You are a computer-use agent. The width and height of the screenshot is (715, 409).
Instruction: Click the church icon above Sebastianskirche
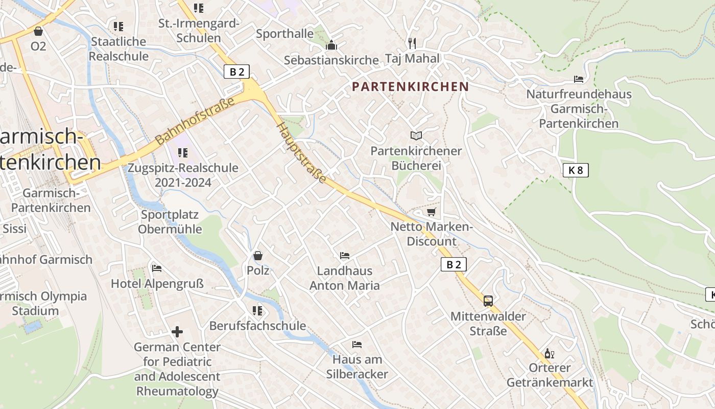click(x=331, y=46)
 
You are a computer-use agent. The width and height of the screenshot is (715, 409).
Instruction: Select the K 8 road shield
click(x=576, y=170)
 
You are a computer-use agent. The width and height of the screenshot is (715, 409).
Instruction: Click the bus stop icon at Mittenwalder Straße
click(x=488, y=301)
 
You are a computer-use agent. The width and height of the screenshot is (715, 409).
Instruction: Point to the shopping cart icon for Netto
click(x=432, y=212)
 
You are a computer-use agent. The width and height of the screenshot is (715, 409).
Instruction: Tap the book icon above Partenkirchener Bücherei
click(x=416, y=135)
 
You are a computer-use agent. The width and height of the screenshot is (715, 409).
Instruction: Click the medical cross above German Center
click(x=177, y=332)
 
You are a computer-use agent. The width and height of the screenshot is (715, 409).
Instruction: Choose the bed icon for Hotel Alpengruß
click(x=157, y=268)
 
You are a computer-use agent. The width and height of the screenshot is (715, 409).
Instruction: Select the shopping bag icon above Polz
click(x=258, y=255)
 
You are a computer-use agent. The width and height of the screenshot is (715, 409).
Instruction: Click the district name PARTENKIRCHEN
click(x=410, y=86)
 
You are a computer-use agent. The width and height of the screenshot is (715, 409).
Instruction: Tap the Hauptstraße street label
click(x=302, y=153)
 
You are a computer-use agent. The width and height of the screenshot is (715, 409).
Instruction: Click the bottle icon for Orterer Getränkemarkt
click(x=550, y=353)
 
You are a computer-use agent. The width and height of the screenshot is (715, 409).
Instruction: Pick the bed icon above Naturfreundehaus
click(x=579, y=79)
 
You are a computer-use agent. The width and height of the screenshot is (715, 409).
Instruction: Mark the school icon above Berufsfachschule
click(x=257, y=310)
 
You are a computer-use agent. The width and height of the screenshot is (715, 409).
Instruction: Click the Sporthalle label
click(x=284, y=34)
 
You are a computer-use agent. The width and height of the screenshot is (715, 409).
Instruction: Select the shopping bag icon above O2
click(x=38, y=31)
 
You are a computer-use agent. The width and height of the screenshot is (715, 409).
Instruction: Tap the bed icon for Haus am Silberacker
click(x=357, y=345)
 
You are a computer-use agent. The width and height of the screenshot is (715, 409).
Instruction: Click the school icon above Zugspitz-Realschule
click(x=183, y=152)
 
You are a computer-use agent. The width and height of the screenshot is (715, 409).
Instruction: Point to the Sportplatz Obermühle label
click(x=170, y=222)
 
